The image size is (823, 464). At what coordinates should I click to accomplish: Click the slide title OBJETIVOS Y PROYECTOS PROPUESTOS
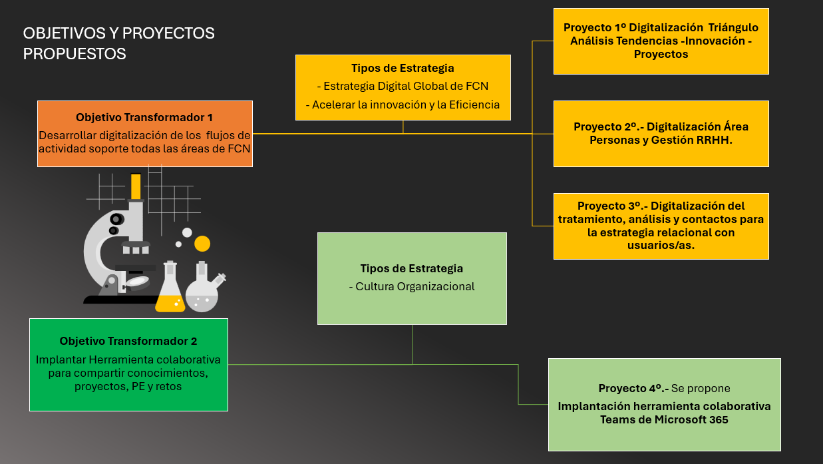point(118,43)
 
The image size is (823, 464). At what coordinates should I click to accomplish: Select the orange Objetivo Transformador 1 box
point(144,133)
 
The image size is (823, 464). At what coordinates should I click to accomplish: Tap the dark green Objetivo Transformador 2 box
point(128,364)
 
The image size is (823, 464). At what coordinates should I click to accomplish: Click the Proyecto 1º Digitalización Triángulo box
point(661,41)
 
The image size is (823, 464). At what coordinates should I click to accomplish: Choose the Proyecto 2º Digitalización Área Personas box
point(661,133)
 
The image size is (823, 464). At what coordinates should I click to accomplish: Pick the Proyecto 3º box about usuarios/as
point(661,226)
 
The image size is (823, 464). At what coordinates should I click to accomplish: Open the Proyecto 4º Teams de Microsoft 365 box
point(664,404)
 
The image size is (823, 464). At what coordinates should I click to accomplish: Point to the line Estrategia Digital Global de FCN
point(403,86)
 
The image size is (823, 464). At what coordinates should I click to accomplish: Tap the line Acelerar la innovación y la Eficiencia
point(403,105)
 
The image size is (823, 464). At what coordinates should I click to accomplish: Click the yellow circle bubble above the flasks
point(202,244)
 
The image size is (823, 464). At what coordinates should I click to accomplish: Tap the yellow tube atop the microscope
point(136,186)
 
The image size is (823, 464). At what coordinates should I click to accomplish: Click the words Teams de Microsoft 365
point(664,420)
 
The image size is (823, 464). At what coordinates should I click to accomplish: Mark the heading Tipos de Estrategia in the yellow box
point(403,68)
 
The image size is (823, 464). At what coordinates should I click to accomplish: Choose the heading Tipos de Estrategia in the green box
point(411,269)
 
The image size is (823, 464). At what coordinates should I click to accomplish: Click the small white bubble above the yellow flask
point(187,232)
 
